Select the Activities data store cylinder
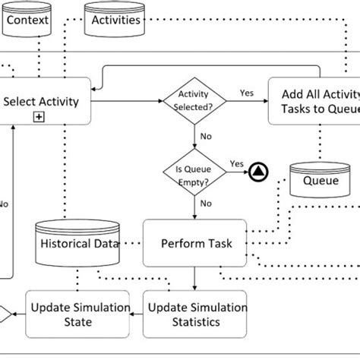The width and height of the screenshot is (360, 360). pyautogui.click(x=116, y=18)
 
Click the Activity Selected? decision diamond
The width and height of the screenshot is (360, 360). pyautogui.click(x=194, y=100)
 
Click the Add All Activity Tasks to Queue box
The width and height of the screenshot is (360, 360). pyautogui.click(x=314, y=100)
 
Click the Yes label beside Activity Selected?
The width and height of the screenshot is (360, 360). pyautogui.click(x=247, y=93)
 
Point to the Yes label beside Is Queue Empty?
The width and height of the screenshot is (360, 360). pyautogui.click(x=236, y=163)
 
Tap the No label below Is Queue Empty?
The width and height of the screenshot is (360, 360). pyautogui.click(x=205, y=203)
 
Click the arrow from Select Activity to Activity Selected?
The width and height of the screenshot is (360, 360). pyautogui.click(x=128, y=99)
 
